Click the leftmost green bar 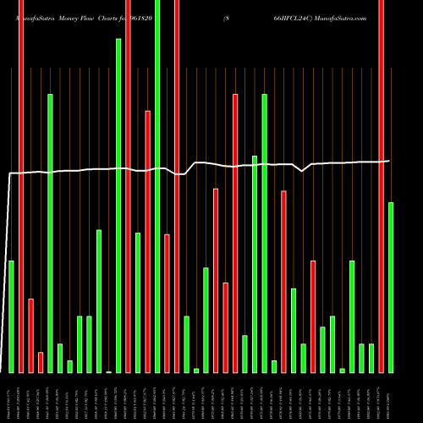(x=11, y=316)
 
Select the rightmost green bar (x=391, y=288)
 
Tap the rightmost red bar (x=382, y=186)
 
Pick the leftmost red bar (x=21, y=186)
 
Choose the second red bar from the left (x=30, y=335)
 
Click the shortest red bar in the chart (x=41, y=362)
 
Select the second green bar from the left (x=50, y=233)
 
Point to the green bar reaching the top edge (x=157, y=186)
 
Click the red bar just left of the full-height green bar (x=147, y=241)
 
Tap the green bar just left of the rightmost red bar (x=371, y=358)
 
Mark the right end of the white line (x=390, y=161)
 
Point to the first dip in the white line (x=181, y=174)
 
